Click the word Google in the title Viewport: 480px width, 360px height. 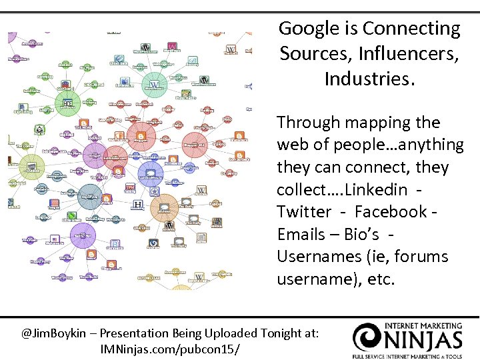click(309, 29)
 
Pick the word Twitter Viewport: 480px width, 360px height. click(304, 212)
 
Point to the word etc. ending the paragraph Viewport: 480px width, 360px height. click(381, 279)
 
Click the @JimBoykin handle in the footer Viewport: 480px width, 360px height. click(56, 333)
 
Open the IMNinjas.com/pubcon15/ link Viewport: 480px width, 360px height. click(169, 349)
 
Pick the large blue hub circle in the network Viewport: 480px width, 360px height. click(151, 173)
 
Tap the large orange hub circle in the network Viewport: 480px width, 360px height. click(165, 207)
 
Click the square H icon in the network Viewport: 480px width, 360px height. click(138, 204)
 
